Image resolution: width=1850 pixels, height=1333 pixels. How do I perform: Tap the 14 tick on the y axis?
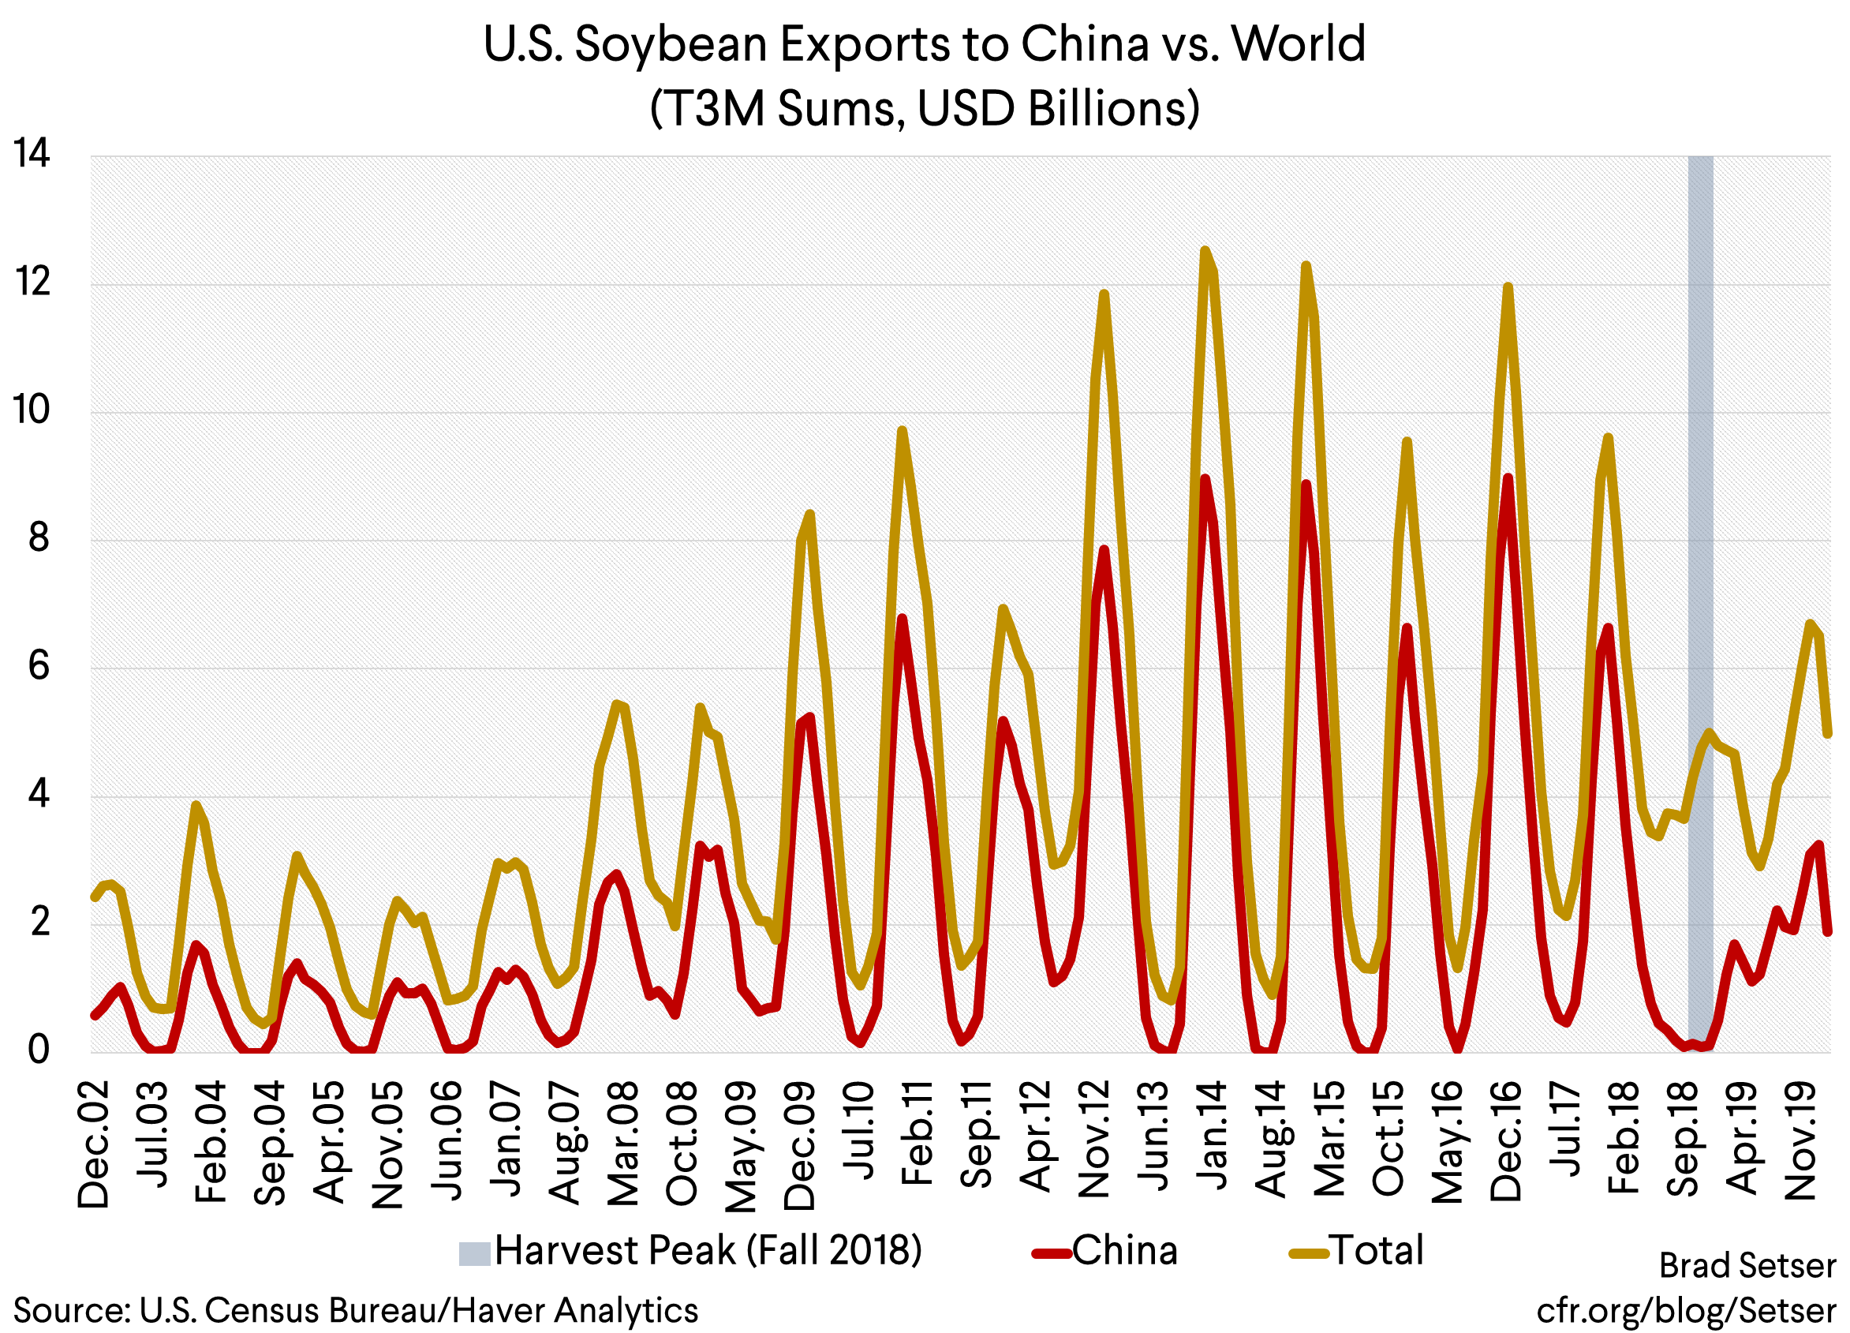31,154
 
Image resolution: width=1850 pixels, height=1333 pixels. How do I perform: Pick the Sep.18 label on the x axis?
1682,1139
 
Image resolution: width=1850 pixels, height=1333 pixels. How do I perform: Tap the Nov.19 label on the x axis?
1800,1141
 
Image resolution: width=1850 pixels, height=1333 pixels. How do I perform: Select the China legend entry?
1124,1251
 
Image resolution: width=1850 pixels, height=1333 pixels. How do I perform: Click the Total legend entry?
1377,1251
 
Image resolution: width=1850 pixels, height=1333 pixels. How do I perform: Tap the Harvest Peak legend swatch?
474,1253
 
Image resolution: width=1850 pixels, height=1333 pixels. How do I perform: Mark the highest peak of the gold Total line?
1205,250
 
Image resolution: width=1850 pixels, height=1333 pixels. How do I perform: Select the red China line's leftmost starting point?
95,1015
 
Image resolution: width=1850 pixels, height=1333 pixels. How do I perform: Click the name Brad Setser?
1747,1266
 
